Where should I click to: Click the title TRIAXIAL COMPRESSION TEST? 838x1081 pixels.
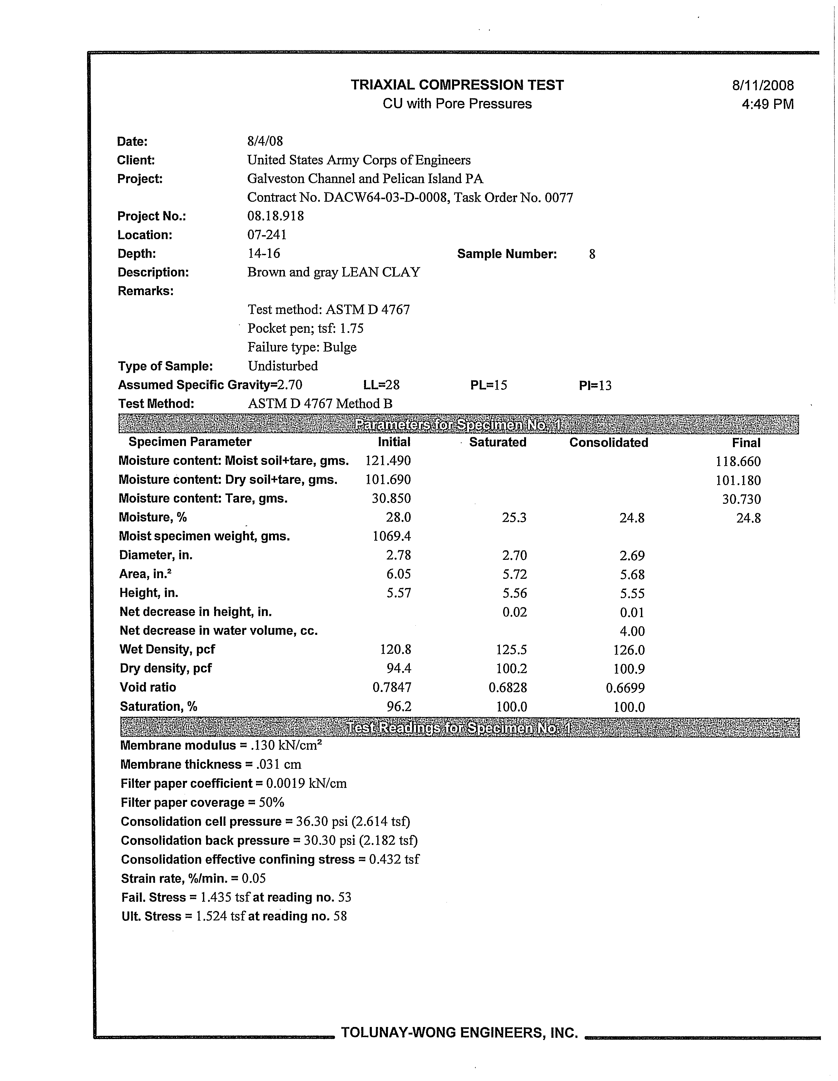[457, 85]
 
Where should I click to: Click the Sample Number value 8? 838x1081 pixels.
[592, 255]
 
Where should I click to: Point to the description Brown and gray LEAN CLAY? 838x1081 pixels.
[334, 272]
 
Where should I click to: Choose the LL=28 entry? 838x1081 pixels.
[381, 385]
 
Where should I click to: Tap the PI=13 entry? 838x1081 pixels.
[595, 385]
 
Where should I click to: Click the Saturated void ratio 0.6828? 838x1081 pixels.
[508, 688]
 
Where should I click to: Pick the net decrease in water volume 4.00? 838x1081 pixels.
[632, 632]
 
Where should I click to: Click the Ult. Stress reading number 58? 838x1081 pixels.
[340, 916]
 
